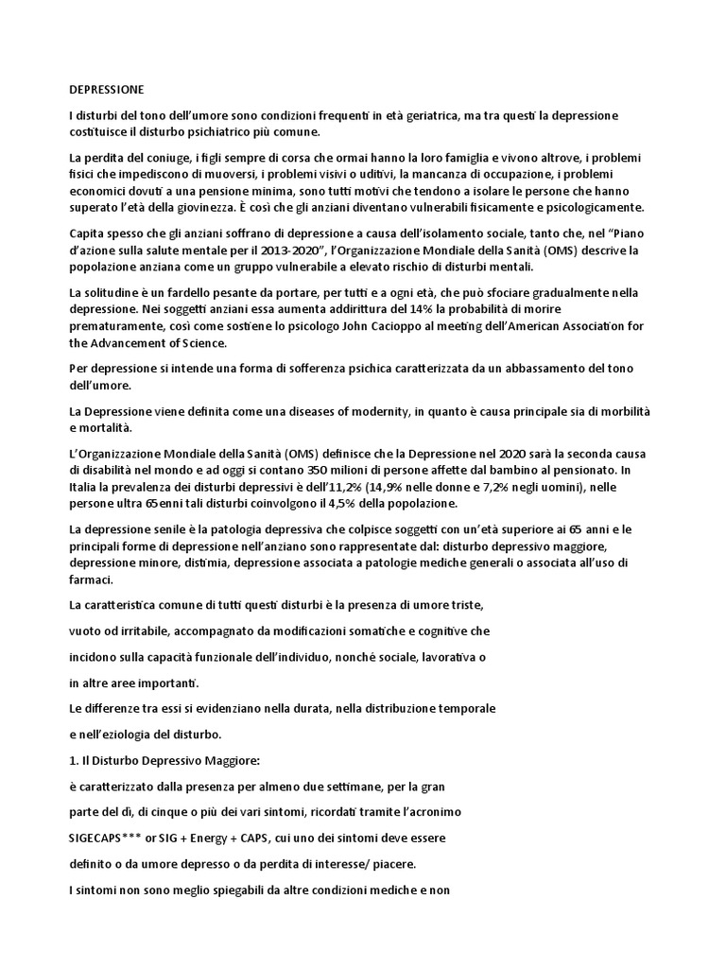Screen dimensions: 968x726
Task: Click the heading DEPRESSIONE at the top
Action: pyautogui.click(x=107, y=90)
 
